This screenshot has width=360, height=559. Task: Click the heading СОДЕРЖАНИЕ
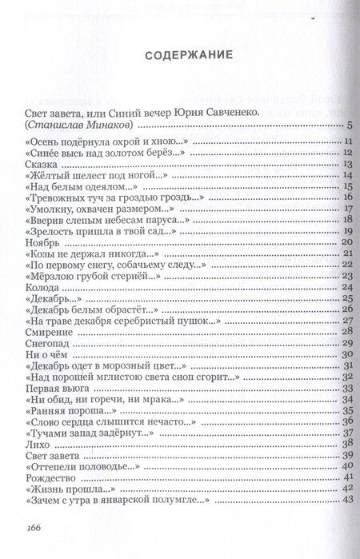(179, 56)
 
